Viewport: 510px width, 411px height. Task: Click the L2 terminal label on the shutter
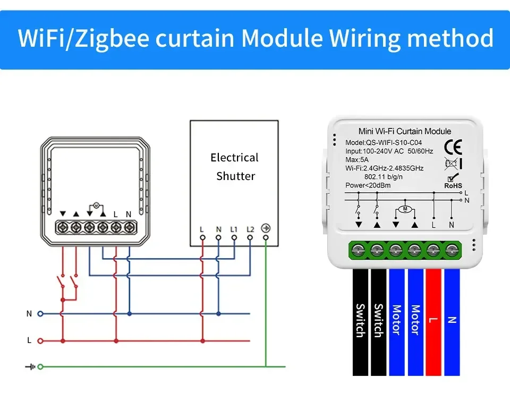pyautogui.click(x=250, y=229)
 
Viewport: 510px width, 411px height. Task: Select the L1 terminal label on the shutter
pyautogui.click(x=234, y=229)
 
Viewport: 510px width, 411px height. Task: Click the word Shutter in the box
pyautogui.click(x=235, y=176)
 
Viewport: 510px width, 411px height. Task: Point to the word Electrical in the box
pyautogui.click(x=234, y=157)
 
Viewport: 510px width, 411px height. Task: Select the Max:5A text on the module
pyautogui.click(x=357, y=160)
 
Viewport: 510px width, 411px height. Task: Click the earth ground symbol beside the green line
pyautogui.click(x=30, y=366)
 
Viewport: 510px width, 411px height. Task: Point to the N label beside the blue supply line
pyautogui.click(x=29, y=314)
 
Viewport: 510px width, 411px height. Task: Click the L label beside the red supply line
pyautogui.click(x=29, y=340)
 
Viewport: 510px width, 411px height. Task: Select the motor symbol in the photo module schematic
pyautogui.click(x=405, y=209)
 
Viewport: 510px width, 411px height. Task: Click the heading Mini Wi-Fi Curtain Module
pyautogui.click(x=397, y=131)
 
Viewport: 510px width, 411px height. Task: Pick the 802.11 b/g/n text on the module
pyautogui.click(x=384, y=177)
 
